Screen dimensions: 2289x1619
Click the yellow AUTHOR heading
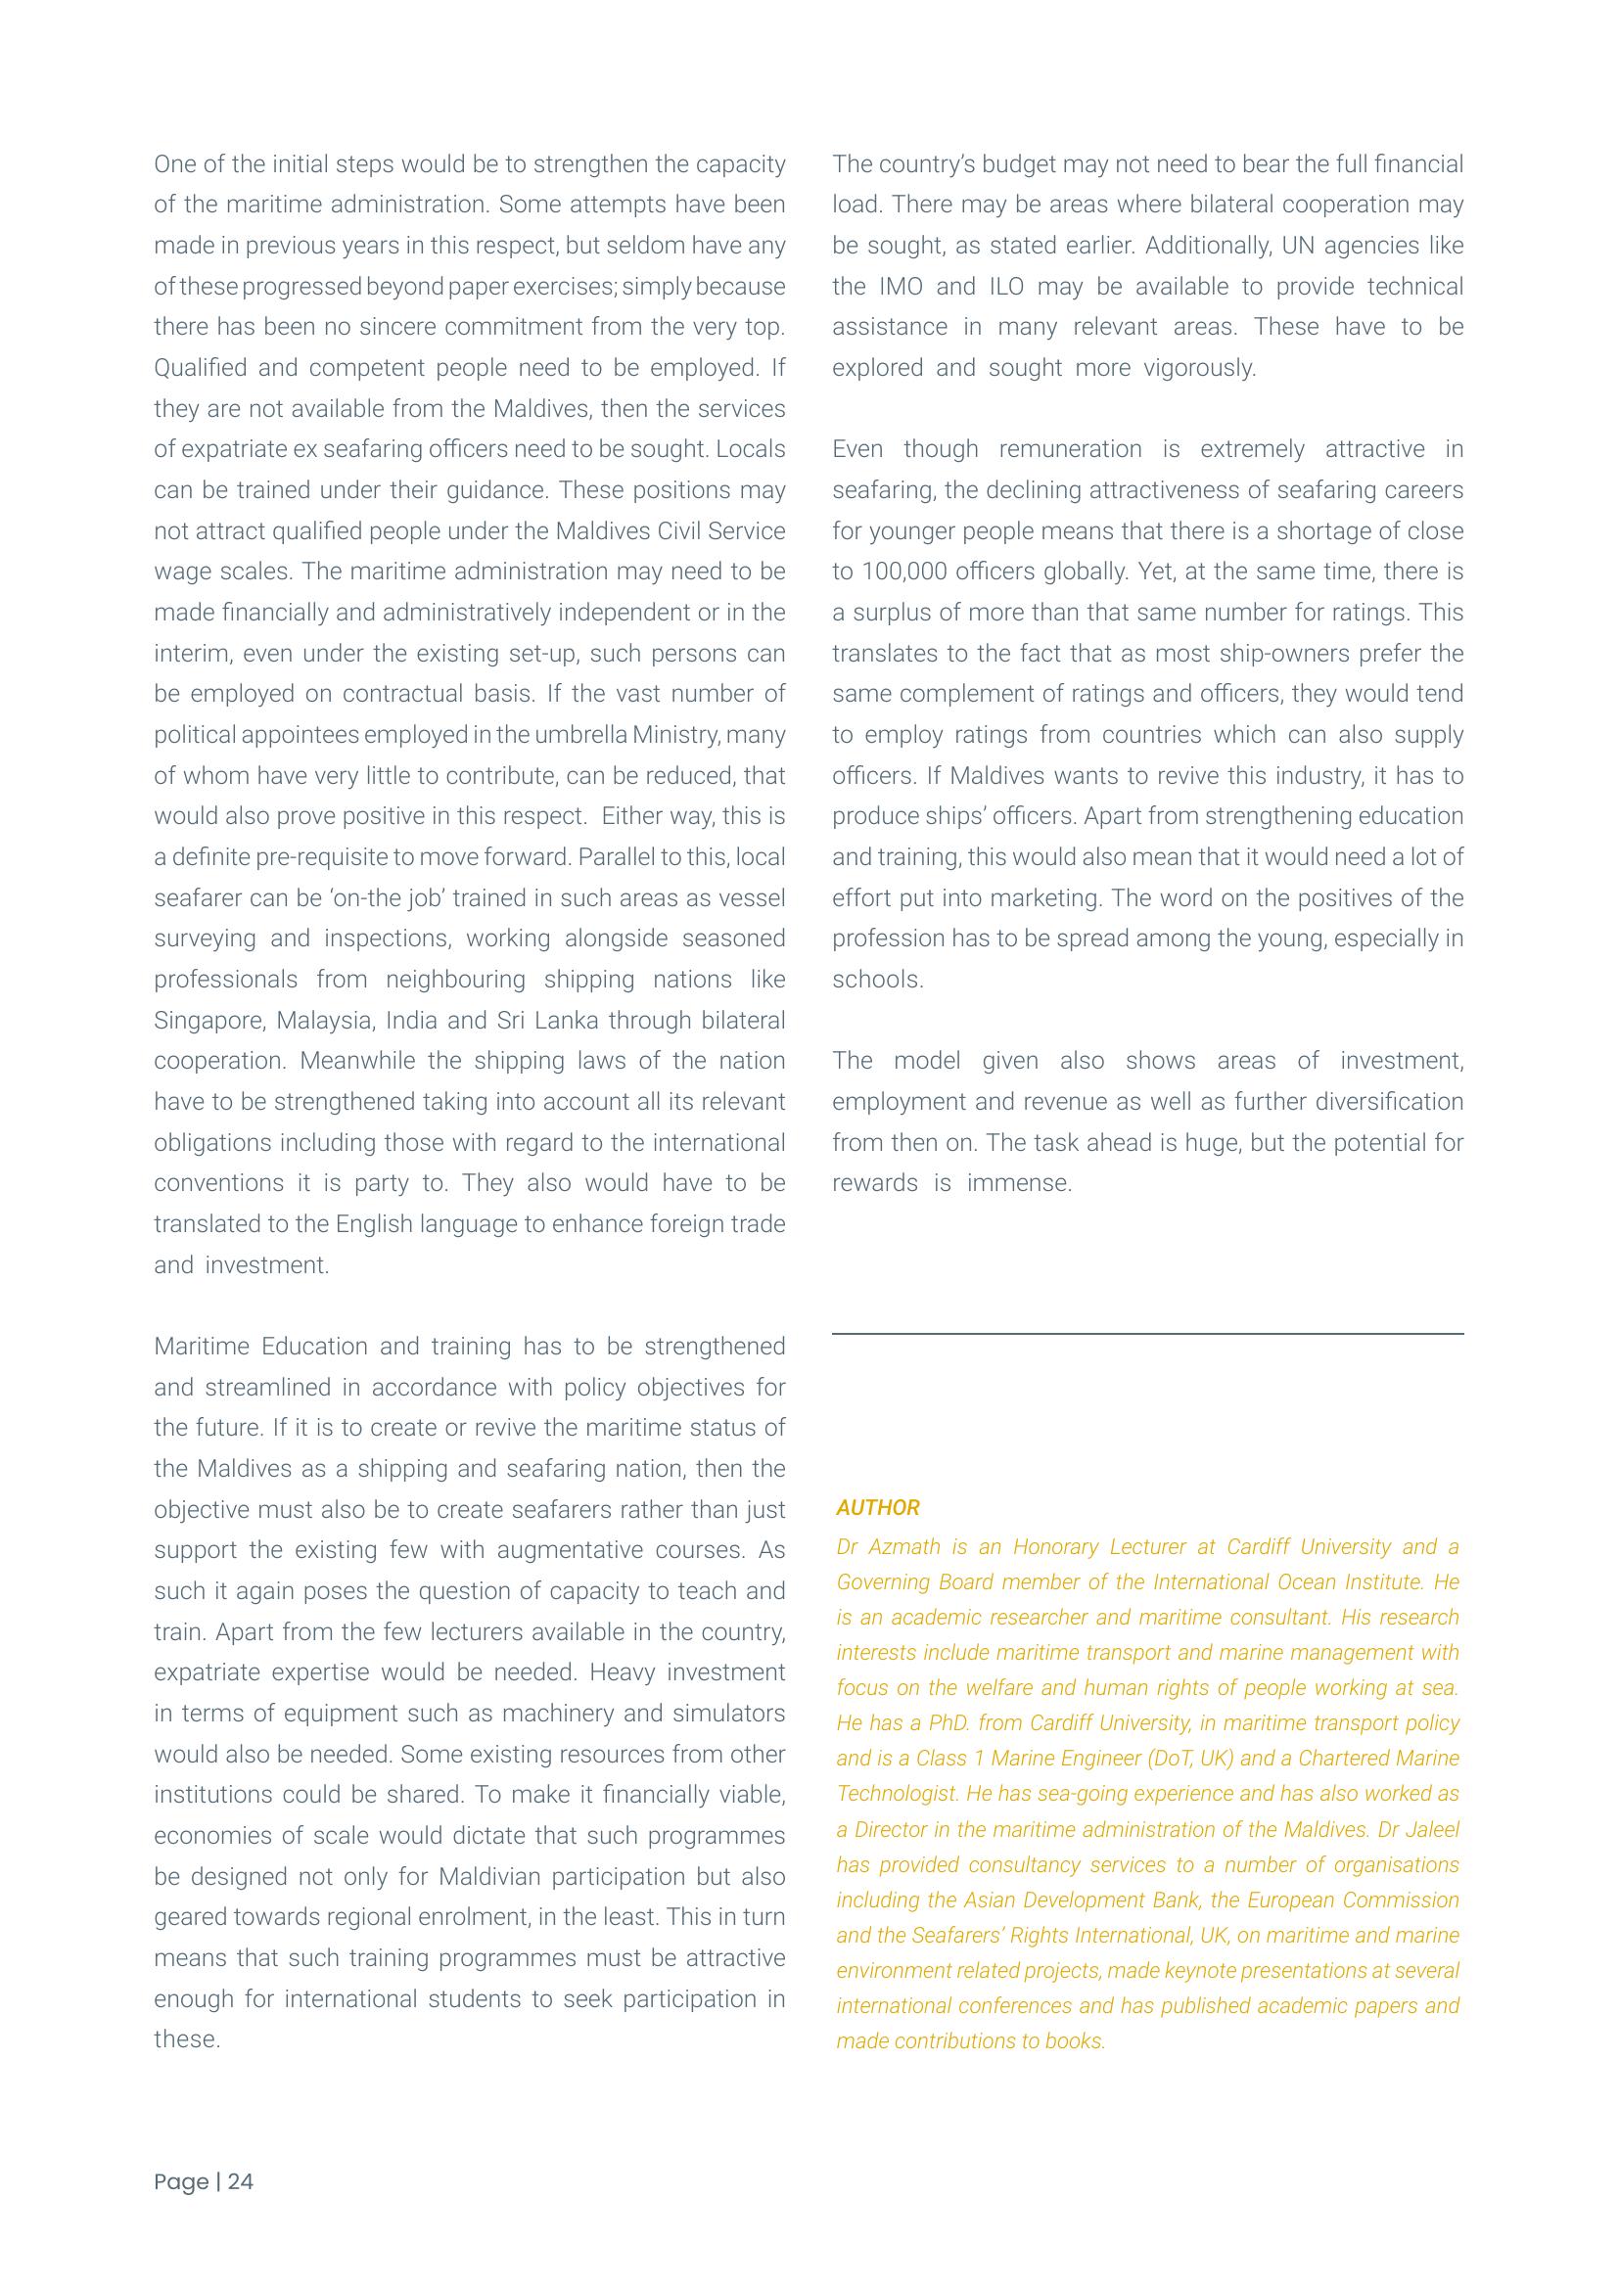pos(877,1507)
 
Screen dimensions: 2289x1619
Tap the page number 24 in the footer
pos(240,2181)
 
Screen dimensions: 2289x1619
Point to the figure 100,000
pos(905,572)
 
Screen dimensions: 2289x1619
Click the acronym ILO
pos(1006,286)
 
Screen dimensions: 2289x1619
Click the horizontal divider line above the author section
pos(1147,1333)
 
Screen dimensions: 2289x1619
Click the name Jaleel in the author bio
pos(1432,1829)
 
